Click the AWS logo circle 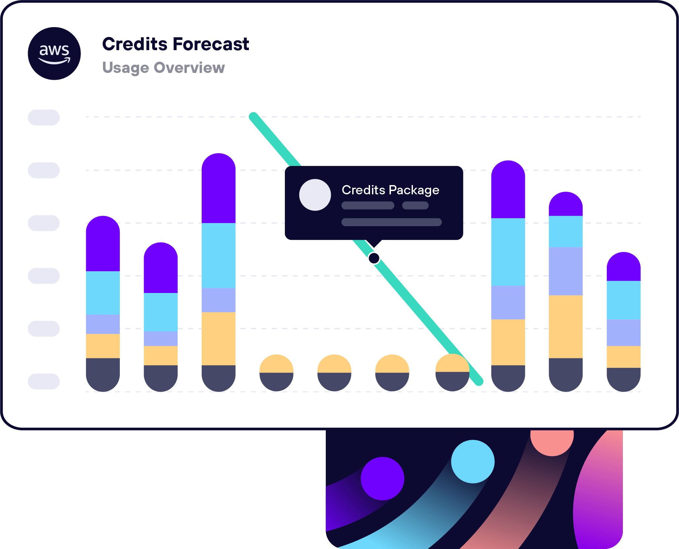pos(54,53)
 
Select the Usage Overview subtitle pos(163,68)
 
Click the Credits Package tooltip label pos(390,190)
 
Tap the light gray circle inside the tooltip pos(315,195)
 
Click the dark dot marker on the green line pos(374,258)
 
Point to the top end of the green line pos(254,116)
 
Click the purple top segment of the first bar pos(103,244)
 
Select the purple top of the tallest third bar pos(218,188)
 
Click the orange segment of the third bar pos(218,339)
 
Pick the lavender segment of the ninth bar pos(565,271)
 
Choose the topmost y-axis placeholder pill pos(44,117)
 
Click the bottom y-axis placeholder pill pos(44,381)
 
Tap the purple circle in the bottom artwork pos(382,478)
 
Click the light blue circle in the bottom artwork pos(473,461)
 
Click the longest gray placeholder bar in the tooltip pos(391,222)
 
